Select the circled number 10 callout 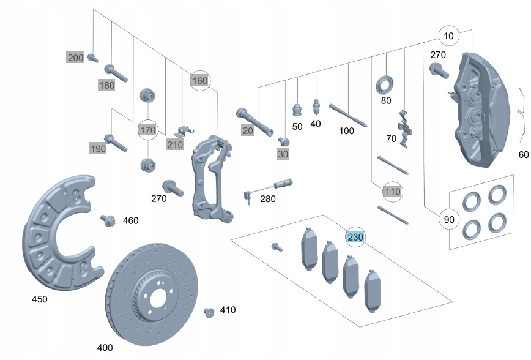pos(449,36)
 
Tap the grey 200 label pos(75,58)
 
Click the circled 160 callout pos(200,80)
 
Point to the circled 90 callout pos(448,219)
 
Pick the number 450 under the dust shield pos(39,299)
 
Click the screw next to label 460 pos(109,220)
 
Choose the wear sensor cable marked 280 pos(269,186)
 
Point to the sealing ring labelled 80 pos(385,83)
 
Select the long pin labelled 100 pos(347,114)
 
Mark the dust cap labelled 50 pos(297,110)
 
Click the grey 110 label pos(393,192)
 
